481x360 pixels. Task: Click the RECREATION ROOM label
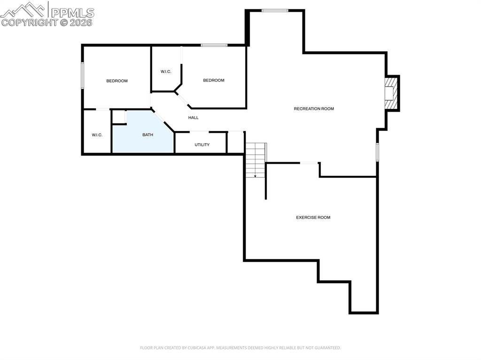pos(314,109)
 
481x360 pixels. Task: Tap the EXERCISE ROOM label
pos(313,217)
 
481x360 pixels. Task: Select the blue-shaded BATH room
pos(143,136)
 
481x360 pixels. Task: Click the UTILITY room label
pos(202,145)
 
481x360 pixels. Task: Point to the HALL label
pos(193,117)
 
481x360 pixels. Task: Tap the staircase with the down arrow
pos(256,160)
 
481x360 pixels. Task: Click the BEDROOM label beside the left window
pos(117,81)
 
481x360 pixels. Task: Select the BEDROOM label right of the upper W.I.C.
pos(214,80)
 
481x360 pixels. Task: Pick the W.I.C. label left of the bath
pos(97,135)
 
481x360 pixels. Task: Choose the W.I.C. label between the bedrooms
pos(166,71)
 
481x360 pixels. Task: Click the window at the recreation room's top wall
pos(275,10)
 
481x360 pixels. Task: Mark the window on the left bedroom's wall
pos(83,76)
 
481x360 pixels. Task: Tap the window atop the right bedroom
pos(214,45)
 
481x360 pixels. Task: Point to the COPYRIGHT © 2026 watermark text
pos(47,22)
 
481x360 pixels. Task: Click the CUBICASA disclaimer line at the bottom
pos(240,348)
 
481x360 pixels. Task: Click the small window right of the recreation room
pos(377,152)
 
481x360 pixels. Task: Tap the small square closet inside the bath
pos(119,116)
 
